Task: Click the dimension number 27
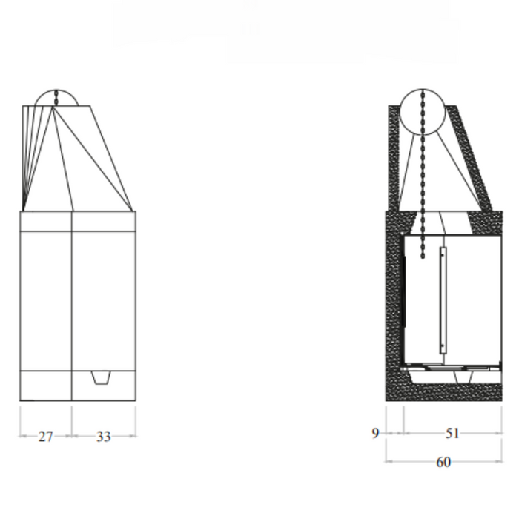(x=45, y=437)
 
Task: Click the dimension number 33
(x=103, y=437)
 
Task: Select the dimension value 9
(x=376, y=433)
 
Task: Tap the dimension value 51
(x=452, y=433)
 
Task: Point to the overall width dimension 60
(x=443, y=462)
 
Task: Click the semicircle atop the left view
(x=56, y=98)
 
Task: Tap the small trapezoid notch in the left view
(x=102, y=378)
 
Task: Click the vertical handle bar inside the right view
(x=443, y=300)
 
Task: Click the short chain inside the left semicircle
(x=56, y=97)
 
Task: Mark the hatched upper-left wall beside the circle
(x=394, y=156)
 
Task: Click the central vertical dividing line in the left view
(x=72, y=304)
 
